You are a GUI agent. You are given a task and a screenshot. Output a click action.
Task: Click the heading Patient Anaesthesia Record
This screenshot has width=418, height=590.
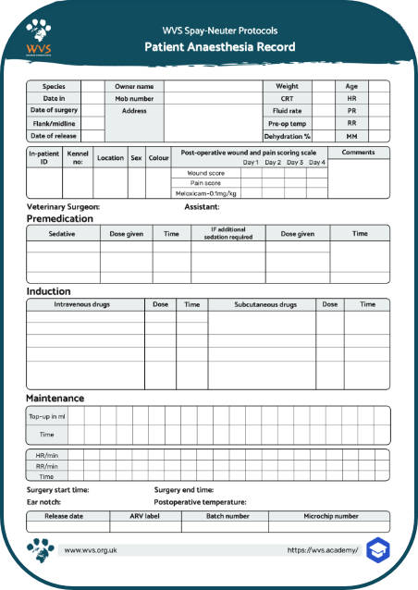tap(219, 47)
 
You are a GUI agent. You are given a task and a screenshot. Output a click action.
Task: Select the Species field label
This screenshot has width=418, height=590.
tap(54, 86)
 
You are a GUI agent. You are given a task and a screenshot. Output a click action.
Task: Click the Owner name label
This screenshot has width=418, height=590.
tap(134, 86)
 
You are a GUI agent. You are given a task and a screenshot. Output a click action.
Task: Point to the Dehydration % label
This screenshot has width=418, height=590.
tap(289, 135)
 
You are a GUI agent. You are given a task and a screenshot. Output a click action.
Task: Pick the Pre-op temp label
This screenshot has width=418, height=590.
tap(289, 123)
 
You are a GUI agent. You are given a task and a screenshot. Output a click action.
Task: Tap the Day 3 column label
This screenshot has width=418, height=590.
tap(295, 163)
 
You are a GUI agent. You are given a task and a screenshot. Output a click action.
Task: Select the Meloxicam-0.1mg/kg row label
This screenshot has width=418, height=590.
tap(206, 193)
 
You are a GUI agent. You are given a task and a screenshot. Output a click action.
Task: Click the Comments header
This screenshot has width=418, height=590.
tap(358, 152)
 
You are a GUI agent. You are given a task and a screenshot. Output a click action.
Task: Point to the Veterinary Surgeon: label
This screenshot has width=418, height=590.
tap(63, 207)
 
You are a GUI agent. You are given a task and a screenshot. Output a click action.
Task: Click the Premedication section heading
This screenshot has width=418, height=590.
tap(60, 219)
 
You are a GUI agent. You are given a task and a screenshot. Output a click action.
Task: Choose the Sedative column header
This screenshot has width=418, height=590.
tap(63, 235)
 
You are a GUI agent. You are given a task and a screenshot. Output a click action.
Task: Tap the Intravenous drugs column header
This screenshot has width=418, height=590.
tap(84, 304)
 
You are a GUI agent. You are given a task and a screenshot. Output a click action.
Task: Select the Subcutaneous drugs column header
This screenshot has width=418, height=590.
tap(262, 304)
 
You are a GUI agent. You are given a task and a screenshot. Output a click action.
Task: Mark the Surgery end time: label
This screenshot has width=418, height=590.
tap(184, 489)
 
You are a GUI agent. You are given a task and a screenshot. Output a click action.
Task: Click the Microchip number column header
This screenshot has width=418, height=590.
tap(331, 516)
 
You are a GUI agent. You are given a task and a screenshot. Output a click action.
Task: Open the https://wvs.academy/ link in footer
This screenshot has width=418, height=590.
tap(322, 549)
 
